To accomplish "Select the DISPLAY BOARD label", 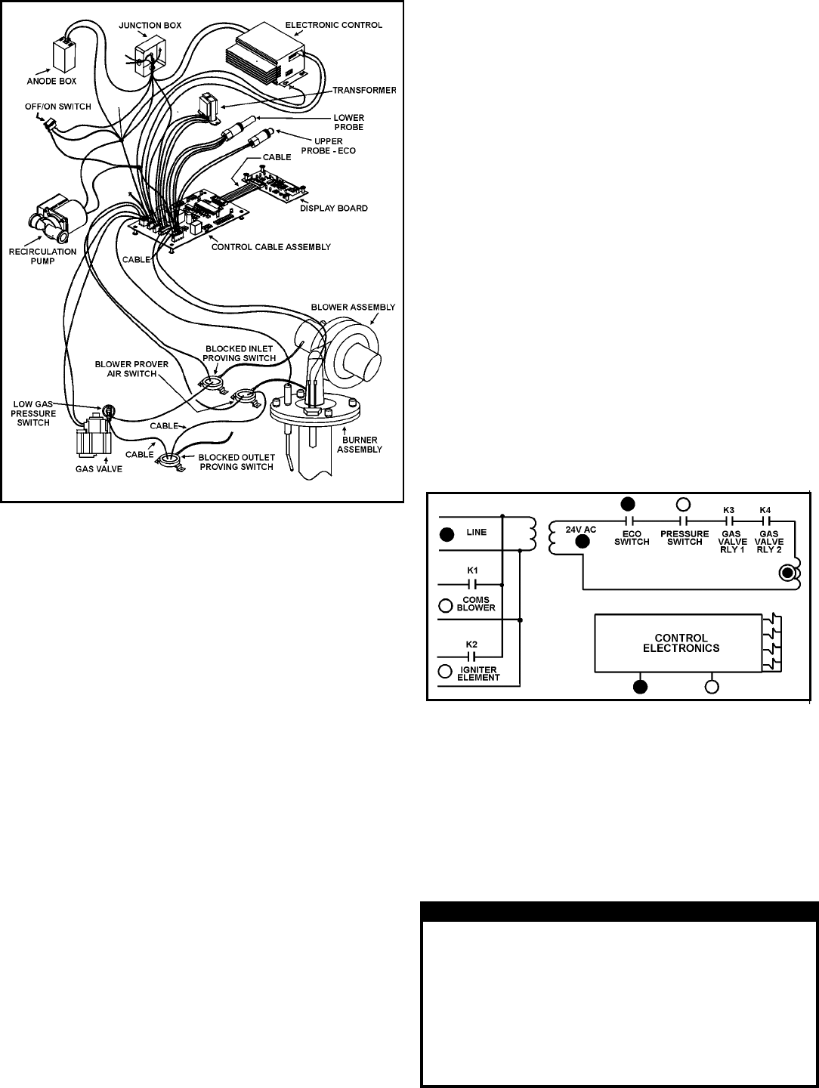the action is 333,209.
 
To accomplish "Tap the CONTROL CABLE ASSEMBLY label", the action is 271,247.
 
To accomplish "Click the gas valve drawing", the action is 93,440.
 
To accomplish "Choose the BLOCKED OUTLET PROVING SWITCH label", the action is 235,462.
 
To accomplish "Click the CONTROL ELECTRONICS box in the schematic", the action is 675,643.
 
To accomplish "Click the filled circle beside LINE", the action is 447,535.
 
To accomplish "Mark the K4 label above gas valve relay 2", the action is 765,511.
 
